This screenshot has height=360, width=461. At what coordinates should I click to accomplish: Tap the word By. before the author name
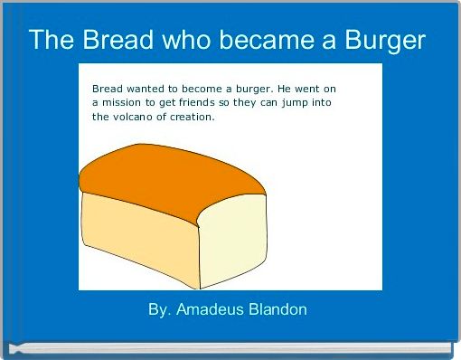point(159,309)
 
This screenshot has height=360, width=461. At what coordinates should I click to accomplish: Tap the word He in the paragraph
point(283,89)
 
